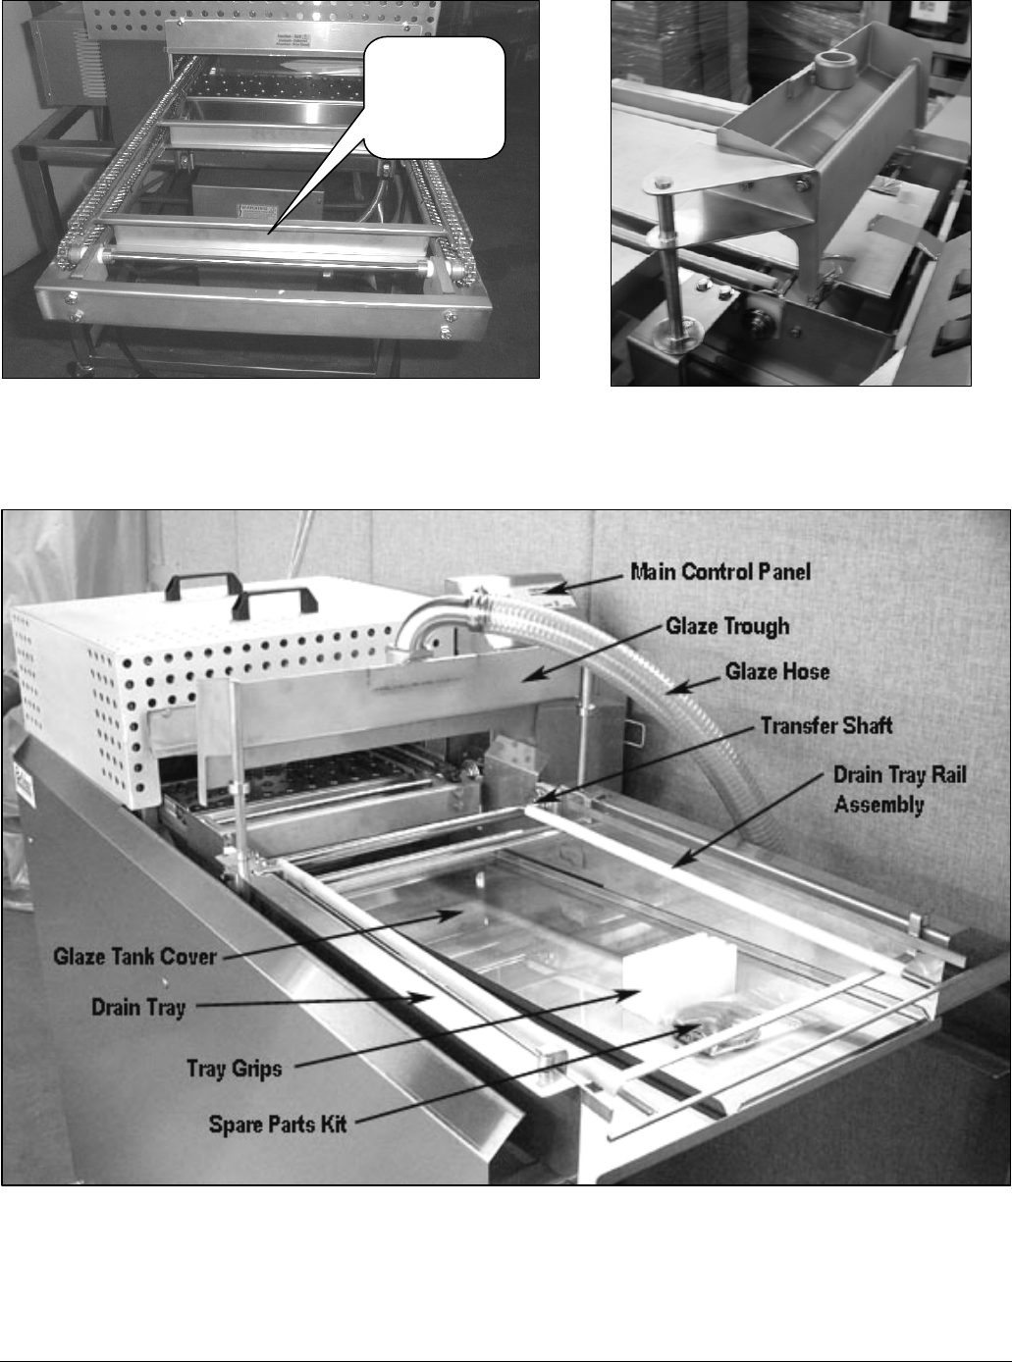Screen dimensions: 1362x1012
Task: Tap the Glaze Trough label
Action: point(726,626)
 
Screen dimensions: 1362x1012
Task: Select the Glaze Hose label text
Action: point(777,671)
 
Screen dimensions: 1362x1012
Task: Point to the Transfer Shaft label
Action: point(826,726)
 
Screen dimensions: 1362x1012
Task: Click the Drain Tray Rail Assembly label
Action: point(899,788)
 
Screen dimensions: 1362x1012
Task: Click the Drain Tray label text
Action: point(138,1007)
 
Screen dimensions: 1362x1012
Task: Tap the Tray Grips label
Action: point(234,1068)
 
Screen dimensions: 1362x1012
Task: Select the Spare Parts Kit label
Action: point(278,1123)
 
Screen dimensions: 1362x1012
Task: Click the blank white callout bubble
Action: point(434,99)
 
